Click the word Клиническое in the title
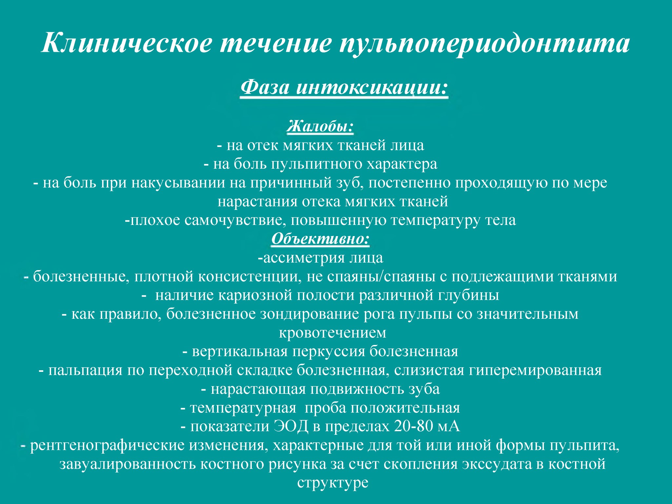click(127, 43)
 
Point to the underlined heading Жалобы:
click(320, 127)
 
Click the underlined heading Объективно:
click(320, 239)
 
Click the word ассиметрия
click(304, 258)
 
